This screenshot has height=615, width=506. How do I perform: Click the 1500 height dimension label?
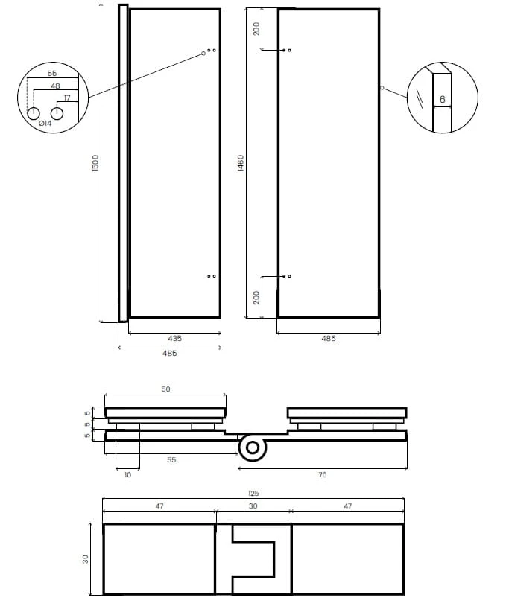tap(95, 163)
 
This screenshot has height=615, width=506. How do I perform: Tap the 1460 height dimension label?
tap(241, 163)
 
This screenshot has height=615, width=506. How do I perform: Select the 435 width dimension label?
tap(174, 338)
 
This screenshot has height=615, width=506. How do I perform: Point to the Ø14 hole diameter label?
tap(45, 123)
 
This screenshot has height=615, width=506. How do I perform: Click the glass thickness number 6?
tap(443, 99)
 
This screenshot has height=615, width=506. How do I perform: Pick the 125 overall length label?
tap(253, 493)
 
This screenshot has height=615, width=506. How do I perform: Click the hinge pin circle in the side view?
tap(253, 447)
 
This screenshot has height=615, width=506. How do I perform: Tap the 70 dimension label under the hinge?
tap(322, 474)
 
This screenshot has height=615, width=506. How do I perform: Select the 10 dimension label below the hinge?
tap(127, 474)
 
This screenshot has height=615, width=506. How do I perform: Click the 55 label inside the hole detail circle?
tap(52, 74)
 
